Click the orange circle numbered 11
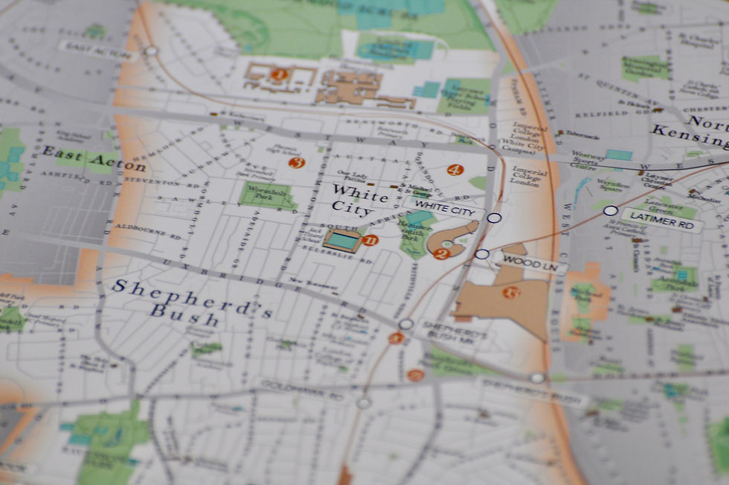coord(370,240)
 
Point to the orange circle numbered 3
coord(297,162)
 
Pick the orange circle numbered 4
coord(455,170)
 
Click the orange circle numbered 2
coord(440,254)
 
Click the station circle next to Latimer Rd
coord(610,211)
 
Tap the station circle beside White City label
coord(494,218)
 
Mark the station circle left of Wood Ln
coord(482,254)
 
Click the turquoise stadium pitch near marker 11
coord(342,240)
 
